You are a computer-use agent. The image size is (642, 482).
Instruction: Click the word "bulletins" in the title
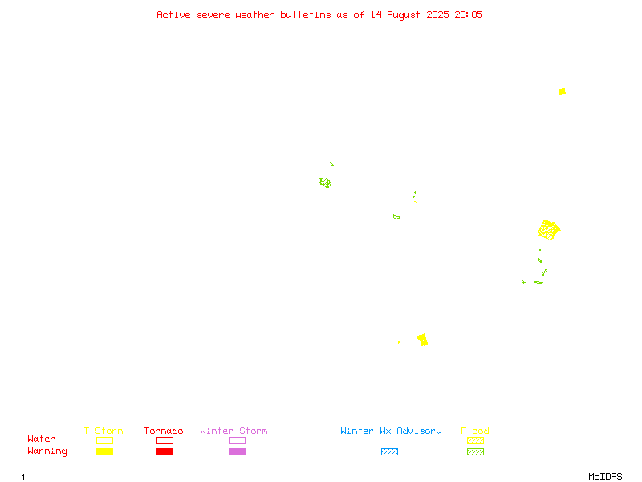tap(306, 14)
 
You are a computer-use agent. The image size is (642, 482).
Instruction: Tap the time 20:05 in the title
tap(469, 14)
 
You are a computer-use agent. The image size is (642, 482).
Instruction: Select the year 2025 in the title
tap(437, 14)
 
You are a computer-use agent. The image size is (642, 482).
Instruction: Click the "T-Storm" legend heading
tap(104, 431)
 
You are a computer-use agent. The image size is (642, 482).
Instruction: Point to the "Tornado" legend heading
tap(164, 431)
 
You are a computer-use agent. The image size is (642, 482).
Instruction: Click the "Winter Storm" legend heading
tap(234, 431)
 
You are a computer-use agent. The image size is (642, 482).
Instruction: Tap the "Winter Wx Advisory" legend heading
tap(391, 431)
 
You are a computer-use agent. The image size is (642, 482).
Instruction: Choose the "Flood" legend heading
tap(474, 431)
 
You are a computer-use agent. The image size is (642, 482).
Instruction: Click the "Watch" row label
tap(42, 439)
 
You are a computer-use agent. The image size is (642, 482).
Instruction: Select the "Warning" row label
tap(47, 451)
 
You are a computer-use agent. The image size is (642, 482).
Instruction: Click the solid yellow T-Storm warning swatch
tap(105, 451)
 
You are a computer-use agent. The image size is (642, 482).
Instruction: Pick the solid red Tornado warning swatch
tap(165, 451)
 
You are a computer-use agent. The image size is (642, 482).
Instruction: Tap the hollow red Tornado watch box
tap(165, 437)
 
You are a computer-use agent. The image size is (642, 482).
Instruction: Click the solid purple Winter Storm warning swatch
tap(237, 451)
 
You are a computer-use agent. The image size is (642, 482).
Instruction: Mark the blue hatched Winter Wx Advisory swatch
tap(389, 451)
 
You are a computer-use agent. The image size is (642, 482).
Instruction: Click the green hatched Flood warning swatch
tap(475, 451)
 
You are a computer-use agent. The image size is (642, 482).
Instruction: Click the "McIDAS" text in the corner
tap(605, 476)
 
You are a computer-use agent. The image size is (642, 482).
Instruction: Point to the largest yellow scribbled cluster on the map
tap(549, 230)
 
